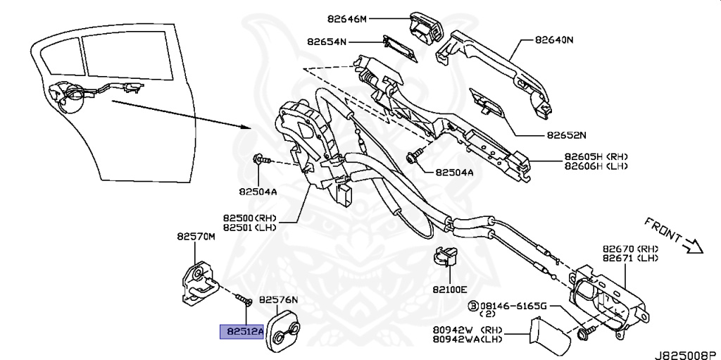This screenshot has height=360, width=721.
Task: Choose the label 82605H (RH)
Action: tap(595, 156)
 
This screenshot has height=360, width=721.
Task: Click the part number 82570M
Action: tap(195, 237)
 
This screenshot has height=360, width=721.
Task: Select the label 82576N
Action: tap(279, 299)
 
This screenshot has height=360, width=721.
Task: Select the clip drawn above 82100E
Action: tap(444, 259)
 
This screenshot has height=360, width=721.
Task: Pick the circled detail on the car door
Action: tap(67, 97)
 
